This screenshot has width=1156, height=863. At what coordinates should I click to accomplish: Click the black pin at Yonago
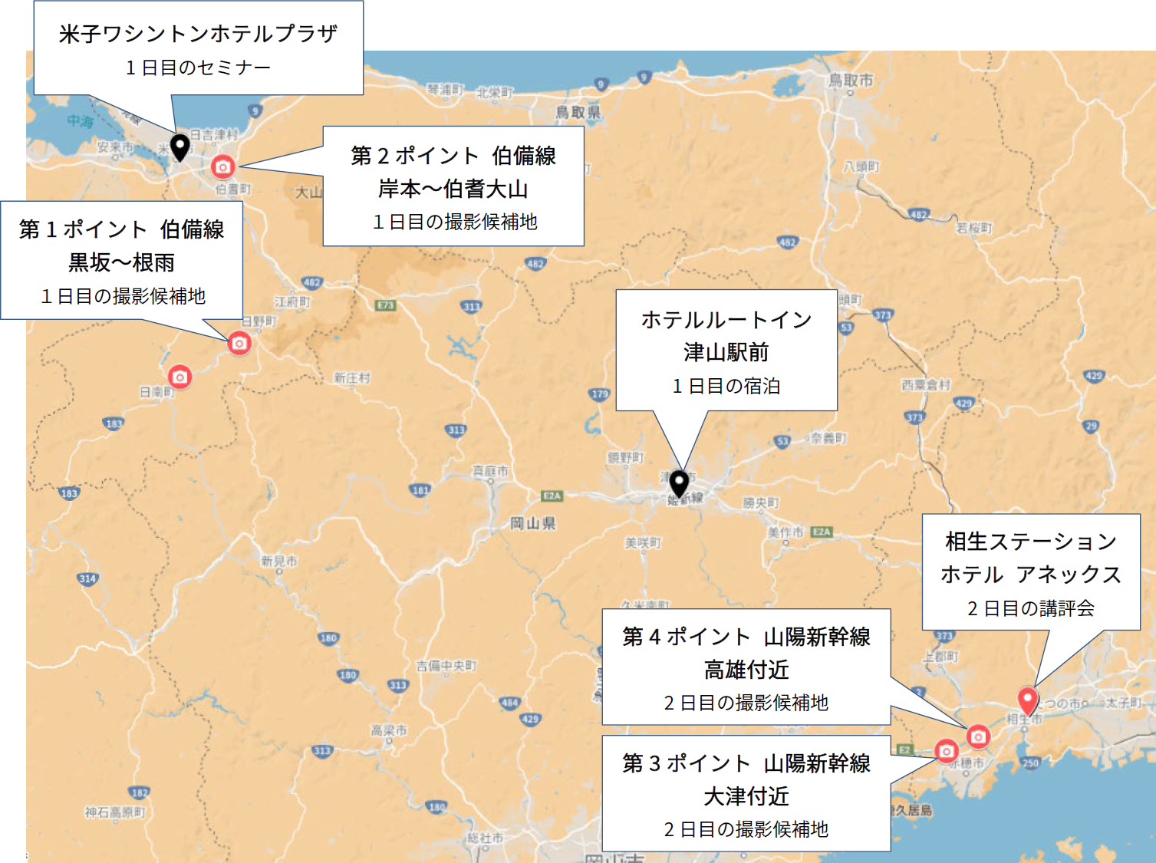pyautogui.click(x=179, y=146)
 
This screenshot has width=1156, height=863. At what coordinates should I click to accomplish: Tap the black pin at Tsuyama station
pyautogui.click(x=679, y=483)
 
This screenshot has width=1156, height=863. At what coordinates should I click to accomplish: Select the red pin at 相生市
pyautogui.click(x=1027, y=700)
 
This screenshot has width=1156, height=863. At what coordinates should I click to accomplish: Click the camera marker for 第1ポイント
pyautogui.click(x=239, y=343)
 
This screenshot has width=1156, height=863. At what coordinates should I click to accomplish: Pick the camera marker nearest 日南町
pyautogui.click(x=179, y=377)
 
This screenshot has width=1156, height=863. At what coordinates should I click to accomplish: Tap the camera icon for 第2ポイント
pyautogui.click(x=222, y=166)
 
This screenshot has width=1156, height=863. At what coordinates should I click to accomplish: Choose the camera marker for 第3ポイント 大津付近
pyautogui.click(x=947, y=751)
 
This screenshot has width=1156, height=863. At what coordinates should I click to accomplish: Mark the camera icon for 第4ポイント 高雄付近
pyautogui.click(x=978, y=736)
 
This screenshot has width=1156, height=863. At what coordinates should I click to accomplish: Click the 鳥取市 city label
pyautogui.click(x=850, y=80)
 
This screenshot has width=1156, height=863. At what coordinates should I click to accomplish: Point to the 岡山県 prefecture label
pyautogui.click(x=533, y=523)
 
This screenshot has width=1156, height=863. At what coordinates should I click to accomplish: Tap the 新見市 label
pyautogui.click(x=278, y=562)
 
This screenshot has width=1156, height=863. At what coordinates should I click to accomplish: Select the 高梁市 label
pyautogui.click(x=389, y=730)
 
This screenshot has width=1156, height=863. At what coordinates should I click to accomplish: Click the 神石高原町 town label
pyautogui.click(x=115, y=812)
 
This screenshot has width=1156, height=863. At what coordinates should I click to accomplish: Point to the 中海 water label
pyautogui.click(x=80, y=121)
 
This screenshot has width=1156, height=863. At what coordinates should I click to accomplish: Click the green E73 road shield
pyautogui.click(x=385, y=305)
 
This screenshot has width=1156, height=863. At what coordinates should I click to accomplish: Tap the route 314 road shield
pyautogui.click(x=87, y=578)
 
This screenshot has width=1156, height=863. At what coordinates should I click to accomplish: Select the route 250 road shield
pyautogui.click(x=1029, y=763)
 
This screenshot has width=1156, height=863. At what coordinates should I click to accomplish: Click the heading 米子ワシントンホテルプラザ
pyautogui.click(x=198, y=34)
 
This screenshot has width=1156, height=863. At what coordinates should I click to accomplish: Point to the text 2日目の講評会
pyautogui.click(x=1030, y=608)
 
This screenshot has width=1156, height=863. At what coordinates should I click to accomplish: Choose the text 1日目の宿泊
pyautogui.click(x=726, y=386)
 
